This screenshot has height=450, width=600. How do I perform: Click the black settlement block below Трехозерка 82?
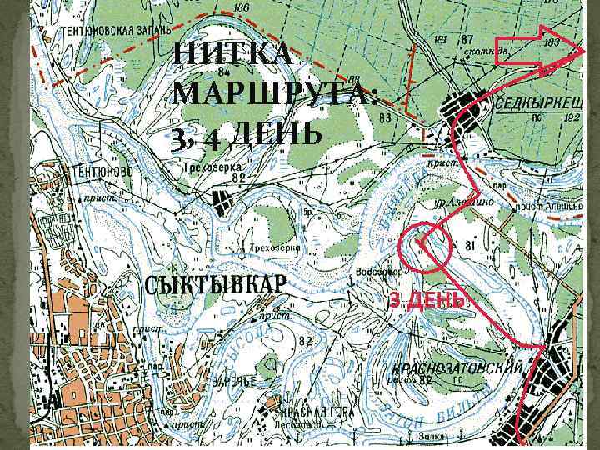click(x=220, y=202)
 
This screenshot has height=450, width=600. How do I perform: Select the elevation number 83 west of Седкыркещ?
click(x=385, y=118)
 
